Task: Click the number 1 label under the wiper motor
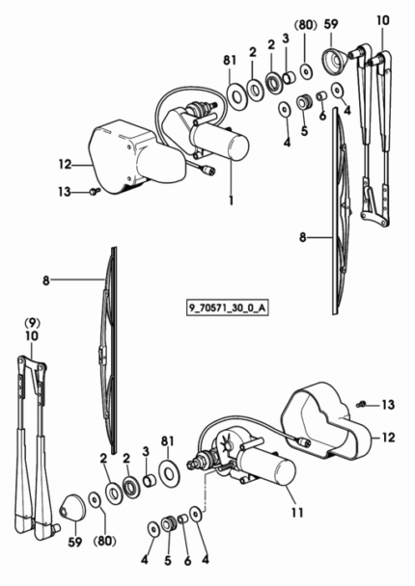pos(232,200)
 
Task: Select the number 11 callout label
pos(297,513)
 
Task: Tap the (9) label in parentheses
pos(32,322)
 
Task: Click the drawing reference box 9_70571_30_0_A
pos(228,308)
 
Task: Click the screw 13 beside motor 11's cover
pos(360,404)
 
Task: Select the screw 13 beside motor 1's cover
pos(94,192)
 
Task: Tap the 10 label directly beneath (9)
pos(32,336)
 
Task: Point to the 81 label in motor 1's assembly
pos(230,60)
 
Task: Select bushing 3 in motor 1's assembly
pos(289,77)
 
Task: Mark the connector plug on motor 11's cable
pos(304,441)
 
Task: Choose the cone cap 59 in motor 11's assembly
pos(72,508)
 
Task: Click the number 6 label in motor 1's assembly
pos(322,116)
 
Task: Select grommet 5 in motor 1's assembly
pos(304,101)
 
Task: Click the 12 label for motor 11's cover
pos(388,437)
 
